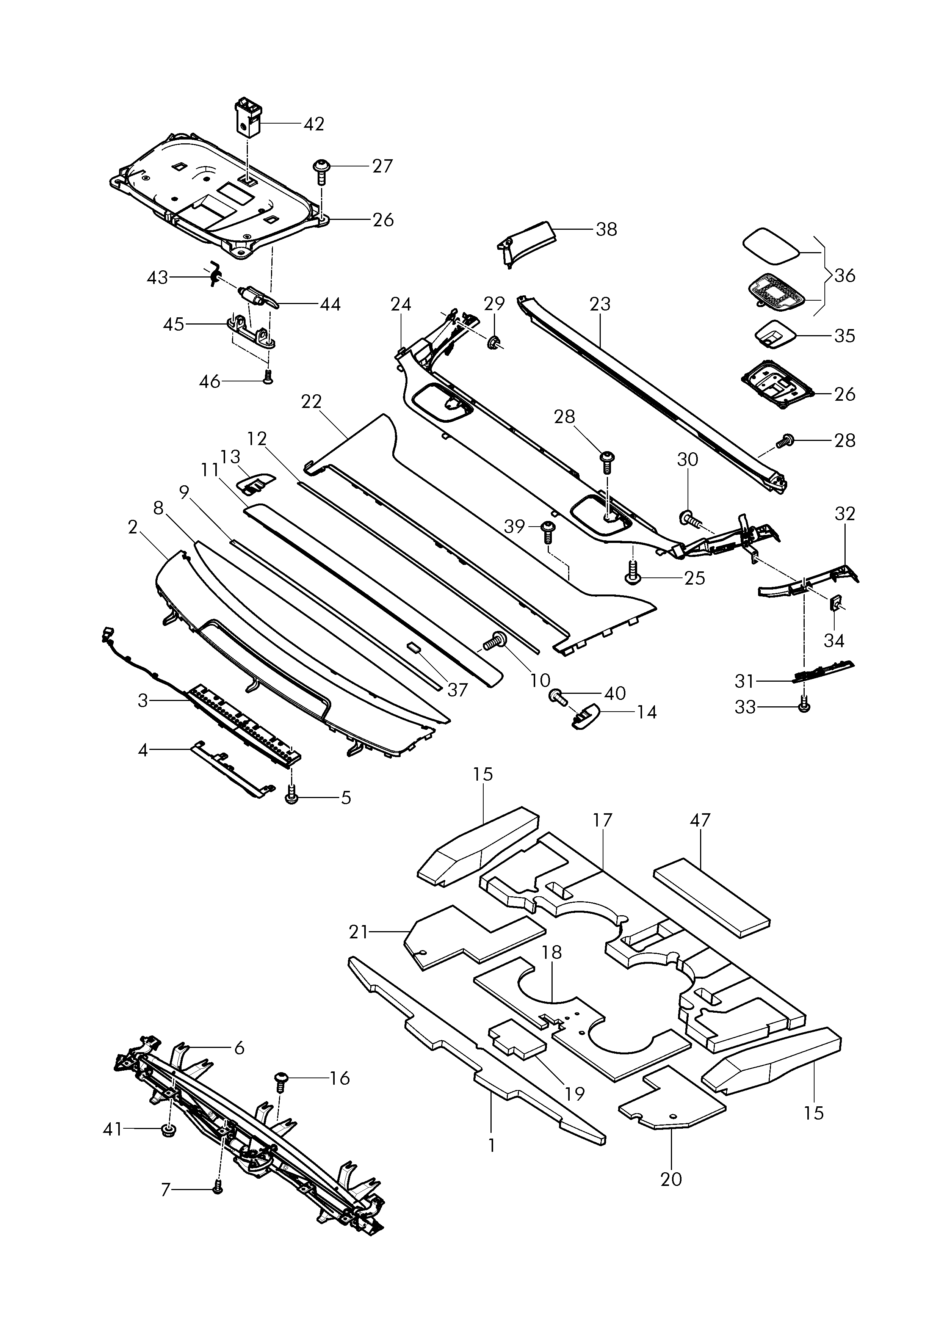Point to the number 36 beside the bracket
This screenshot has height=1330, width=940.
tap(844, 276)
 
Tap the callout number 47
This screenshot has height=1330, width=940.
tap(700, 820)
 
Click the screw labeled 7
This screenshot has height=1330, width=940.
tap(218, 1187)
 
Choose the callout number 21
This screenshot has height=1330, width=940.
tap(359, 932)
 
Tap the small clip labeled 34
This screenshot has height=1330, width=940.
tap(836, 604)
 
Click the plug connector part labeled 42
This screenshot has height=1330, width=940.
tap(247, 118)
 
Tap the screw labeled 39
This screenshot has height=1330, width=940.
tap(547, 531)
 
